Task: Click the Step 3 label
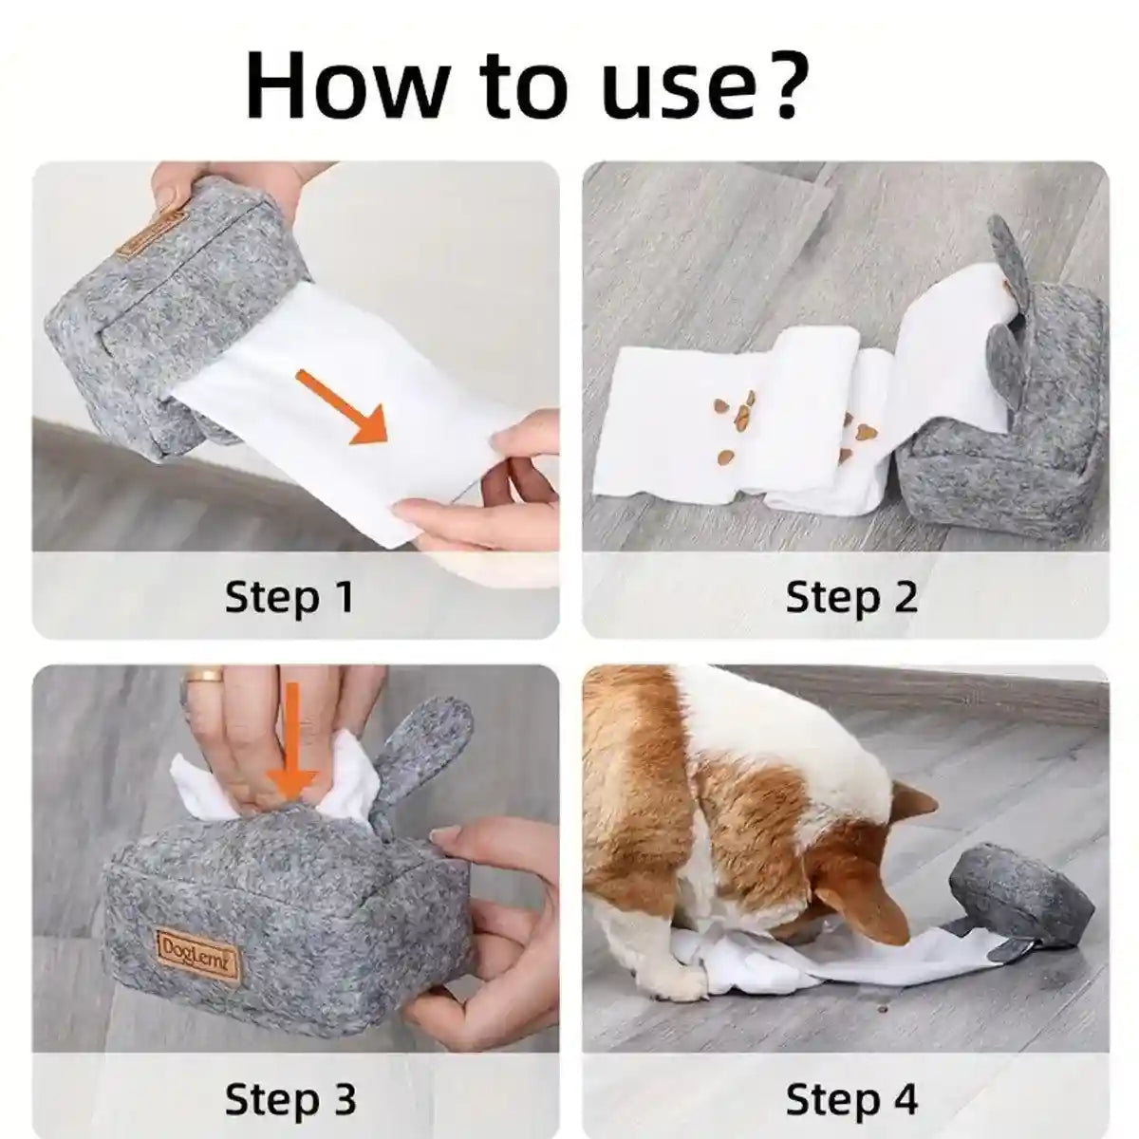[x=289, y=1100]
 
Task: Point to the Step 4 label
[x=851, y=1100]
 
